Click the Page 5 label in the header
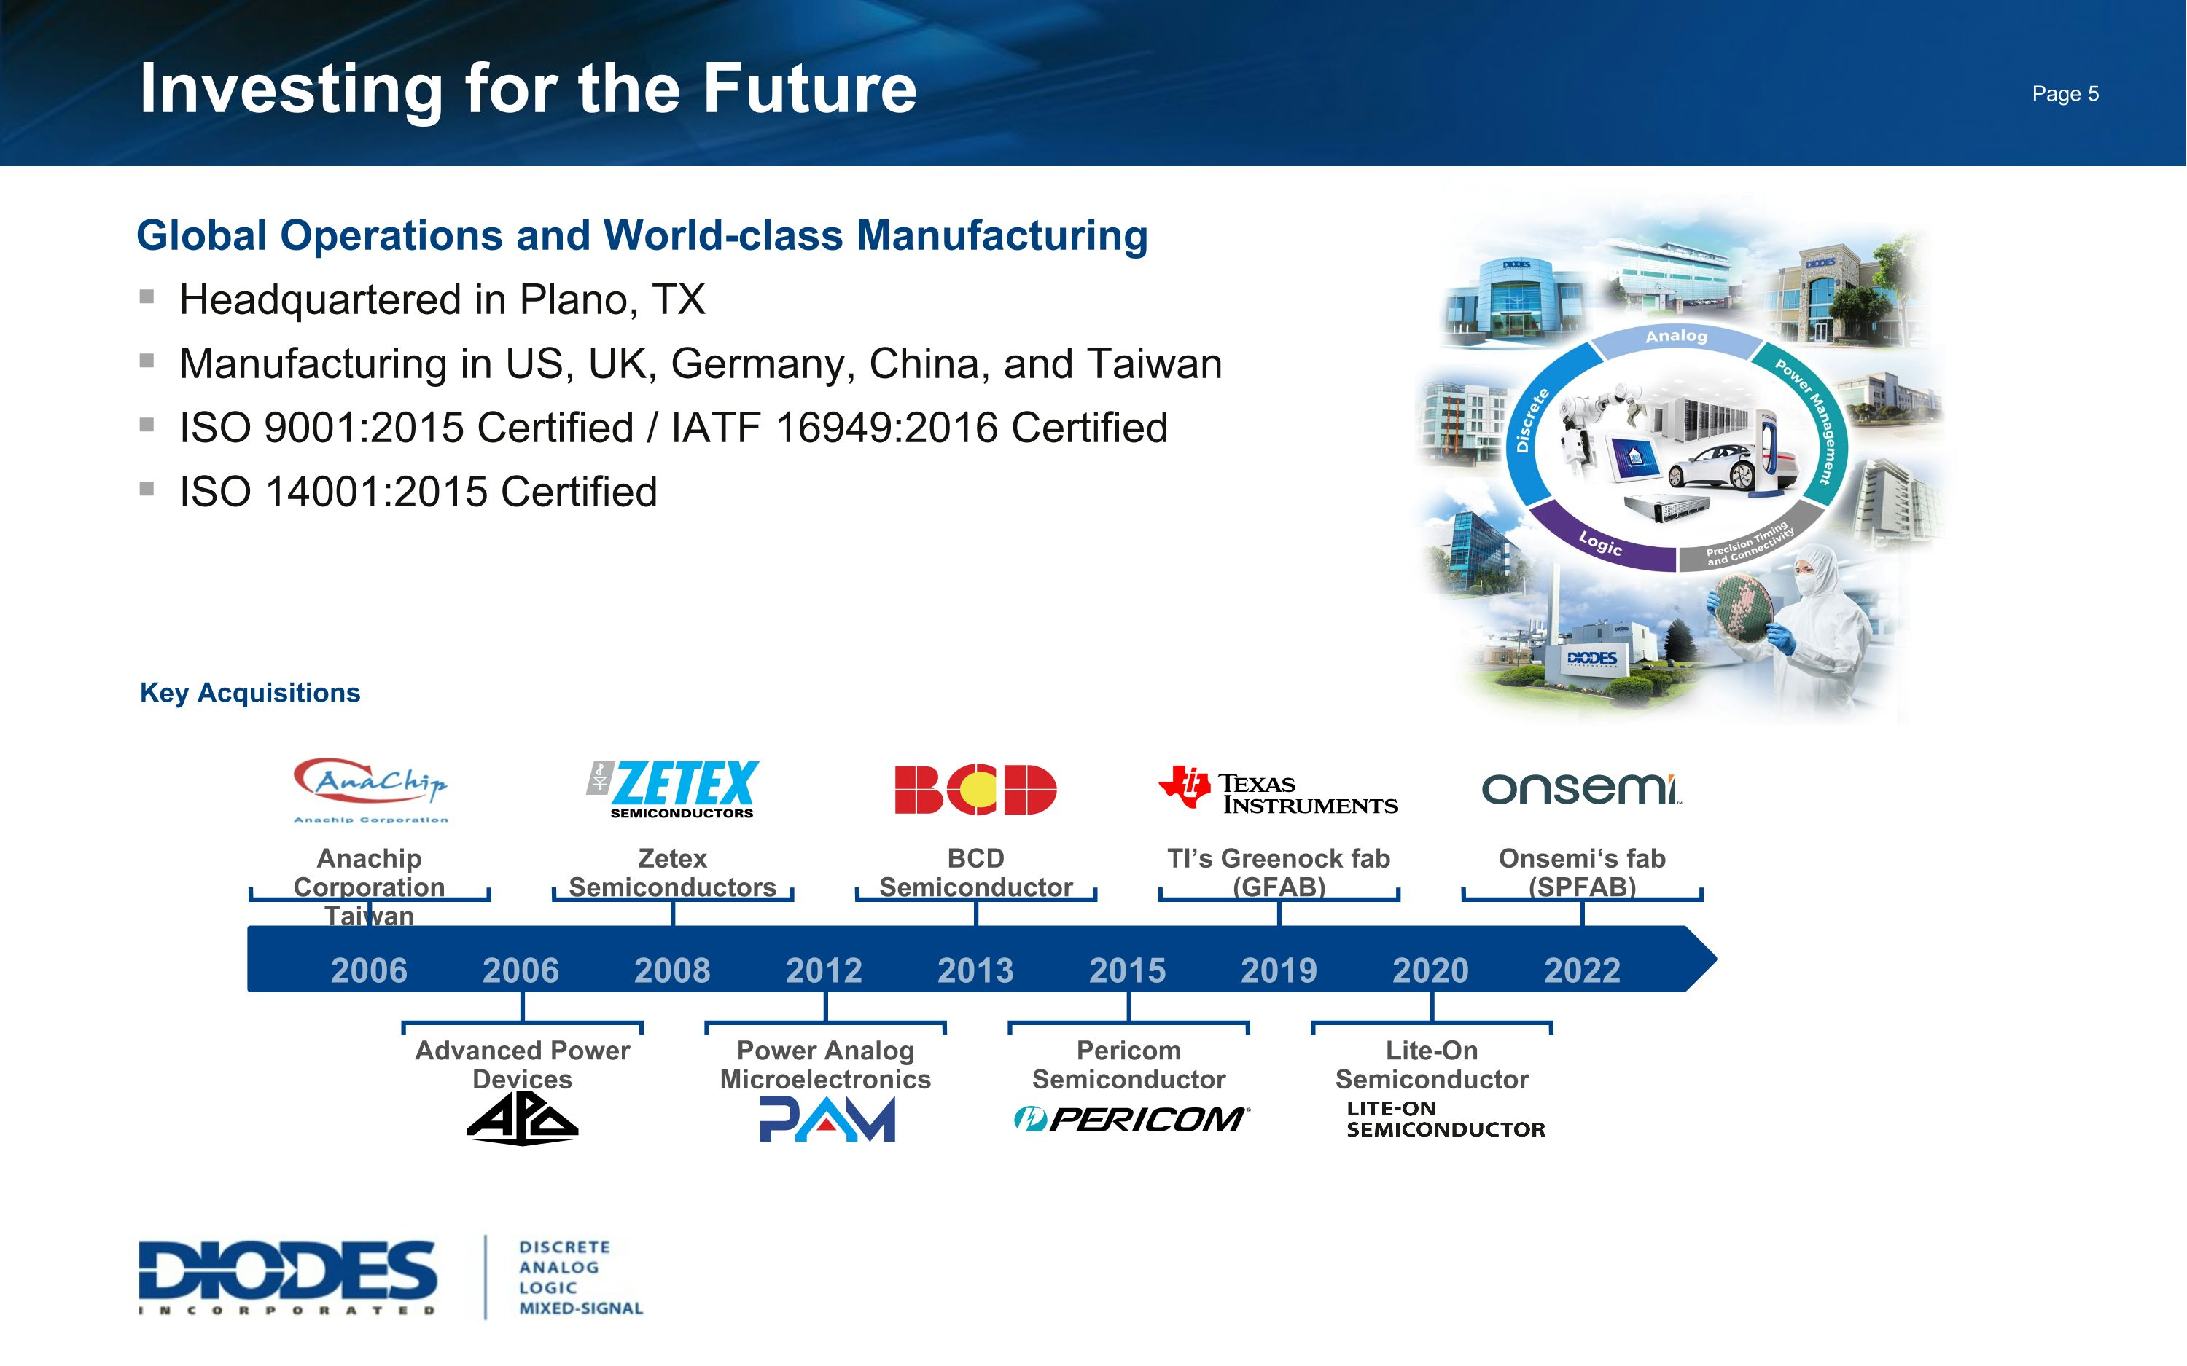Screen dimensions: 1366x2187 [2065, 94]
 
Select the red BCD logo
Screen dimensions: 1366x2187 [975, 790]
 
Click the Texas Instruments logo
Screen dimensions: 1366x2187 [1278, 791]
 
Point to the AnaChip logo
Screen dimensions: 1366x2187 [370, 788]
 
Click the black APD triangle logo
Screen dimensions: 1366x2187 [523, 1120]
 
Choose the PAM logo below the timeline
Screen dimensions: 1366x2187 [827, 1120]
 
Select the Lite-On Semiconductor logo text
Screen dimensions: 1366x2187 [1444, 1119]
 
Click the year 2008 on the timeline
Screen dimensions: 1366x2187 [672, 970]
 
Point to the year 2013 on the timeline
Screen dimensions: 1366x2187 [975, 970]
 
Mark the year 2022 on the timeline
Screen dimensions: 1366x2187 [1581, 970]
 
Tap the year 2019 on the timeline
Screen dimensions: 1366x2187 [1279, 970]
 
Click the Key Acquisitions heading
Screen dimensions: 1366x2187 [249, 693]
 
